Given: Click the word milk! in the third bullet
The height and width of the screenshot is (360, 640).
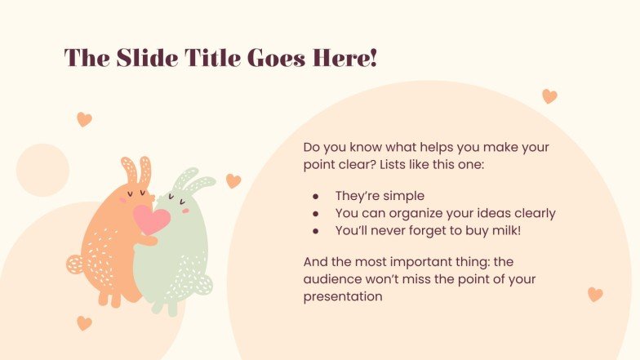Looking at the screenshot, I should [x=504, y=231].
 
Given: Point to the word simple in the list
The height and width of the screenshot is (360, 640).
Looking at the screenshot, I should [x=405, y=196].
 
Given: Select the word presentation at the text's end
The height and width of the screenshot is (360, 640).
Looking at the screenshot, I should [x=343, y=297].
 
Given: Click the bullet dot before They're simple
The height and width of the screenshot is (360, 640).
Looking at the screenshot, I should [x=315, y=196].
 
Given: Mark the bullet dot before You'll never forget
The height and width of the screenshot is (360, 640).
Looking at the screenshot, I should [x=315, y=231].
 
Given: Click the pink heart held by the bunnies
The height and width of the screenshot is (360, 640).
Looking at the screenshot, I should [x=151, y=219].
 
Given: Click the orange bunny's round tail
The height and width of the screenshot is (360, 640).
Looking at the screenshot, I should [x=75, y=264].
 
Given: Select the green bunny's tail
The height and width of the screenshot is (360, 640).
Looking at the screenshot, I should [x=203, y=284].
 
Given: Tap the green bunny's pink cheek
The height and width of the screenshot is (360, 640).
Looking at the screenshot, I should [x=185, y=210].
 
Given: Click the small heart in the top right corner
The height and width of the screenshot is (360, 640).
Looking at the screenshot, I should [x=549, y=96].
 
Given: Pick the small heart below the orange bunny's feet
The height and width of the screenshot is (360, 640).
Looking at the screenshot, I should [x=84, y=323].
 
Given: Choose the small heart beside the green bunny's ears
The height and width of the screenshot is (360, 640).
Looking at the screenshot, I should [x=233, y=181].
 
